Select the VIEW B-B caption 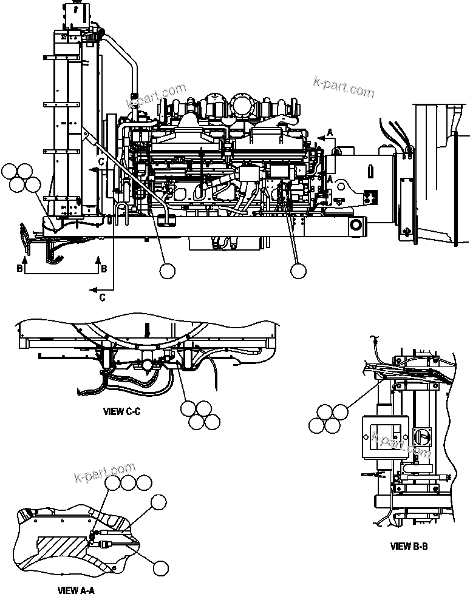(409, 546)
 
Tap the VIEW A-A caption (76, 589)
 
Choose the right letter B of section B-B (103, 268)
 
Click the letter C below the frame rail (101, 297)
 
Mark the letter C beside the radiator (102, 161)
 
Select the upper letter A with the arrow (330, 132)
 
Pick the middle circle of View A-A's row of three (128, 482)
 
